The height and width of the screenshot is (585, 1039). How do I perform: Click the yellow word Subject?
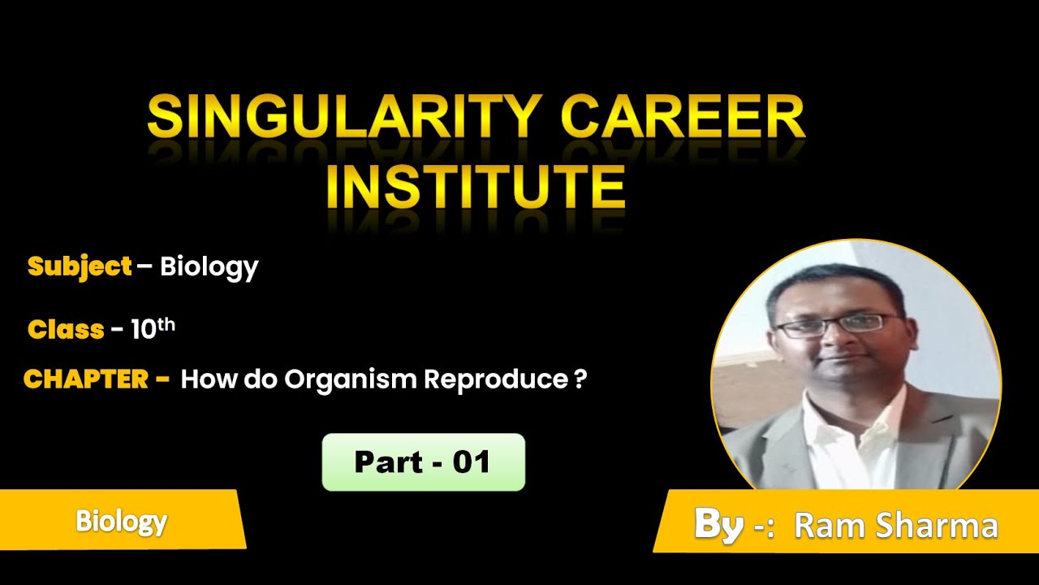[x=80, y=266]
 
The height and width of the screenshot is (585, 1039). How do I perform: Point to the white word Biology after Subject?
[x=209, y=266]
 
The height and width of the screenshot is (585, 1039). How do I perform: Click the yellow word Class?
[x=66, y=329]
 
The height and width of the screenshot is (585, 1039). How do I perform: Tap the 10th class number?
[x=153, y=328]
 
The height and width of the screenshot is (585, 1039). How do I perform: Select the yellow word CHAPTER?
[x=85, y=379]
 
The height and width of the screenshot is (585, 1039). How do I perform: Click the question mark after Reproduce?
[x=580, y=379]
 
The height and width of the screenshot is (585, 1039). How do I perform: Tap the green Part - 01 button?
[x=423, y=462]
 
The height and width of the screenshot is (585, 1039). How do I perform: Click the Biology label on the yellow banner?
[x=122, y=521]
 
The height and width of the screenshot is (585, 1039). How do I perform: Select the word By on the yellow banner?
[x=718, y=525]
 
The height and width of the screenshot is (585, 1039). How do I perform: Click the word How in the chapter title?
[x=206, y=379]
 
